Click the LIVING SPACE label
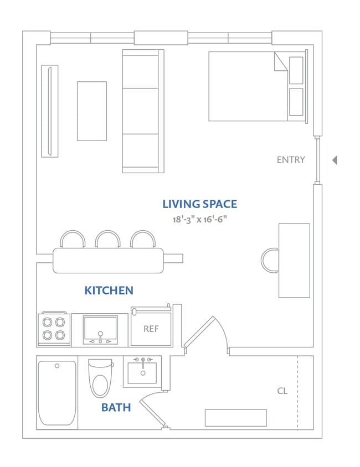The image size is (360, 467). (199, 204)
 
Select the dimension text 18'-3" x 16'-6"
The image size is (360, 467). (199, 219)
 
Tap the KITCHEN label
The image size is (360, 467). (109, 290)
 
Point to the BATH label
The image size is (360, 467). (116, 408)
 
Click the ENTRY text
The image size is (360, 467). (291, 160)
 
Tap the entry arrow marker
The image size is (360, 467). (335, 160)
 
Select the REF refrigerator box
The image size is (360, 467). (151, 328)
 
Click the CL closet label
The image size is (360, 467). (282, 391)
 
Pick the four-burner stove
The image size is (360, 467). (54, 329)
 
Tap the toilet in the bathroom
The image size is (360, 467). (100, 379)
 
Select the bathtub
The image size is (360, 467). (57, 393)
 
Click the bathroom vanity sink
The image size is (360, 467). (142, 372)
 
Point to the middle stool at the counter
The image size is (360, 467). (107, 239)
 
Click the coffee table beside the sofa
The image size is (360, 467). (91, 111)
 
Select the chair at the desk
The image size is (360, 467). (270, 260)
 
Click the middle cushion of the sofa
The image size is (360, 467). (143, 111)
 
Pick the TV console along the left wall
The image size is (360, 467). (49, 111)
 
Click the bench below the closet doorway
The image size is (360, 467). (235, 418)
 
